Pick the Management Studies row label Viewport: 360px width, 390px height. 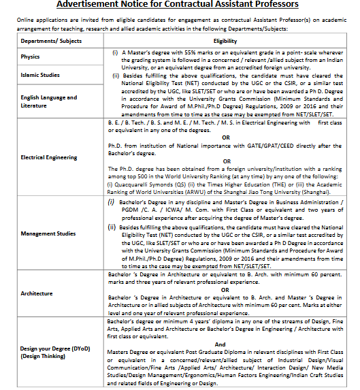(48, 233)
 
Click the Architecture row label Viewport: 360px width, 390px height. (37, 293)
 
